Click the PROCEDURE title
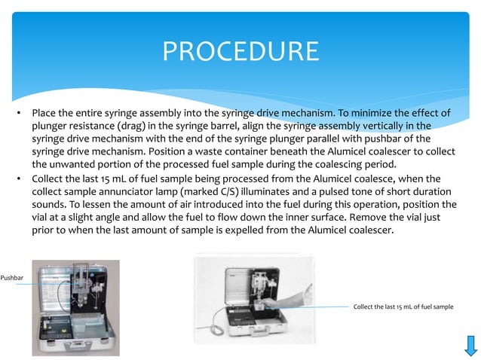click(240, 52)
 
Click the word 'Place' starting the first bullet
click(44, 113)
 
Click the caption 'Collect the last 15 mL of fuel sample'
click(403, 307)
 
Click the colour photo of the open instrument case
click(75, 307)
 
